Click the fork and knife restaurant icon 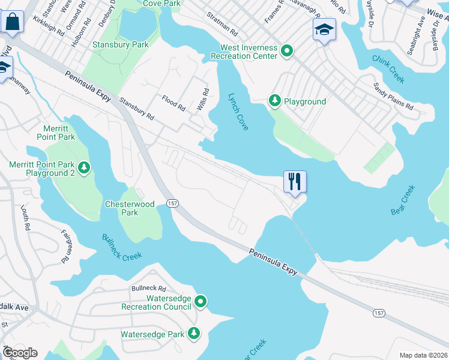(x=295, y=181)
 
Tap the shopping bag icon (x=11, y=22)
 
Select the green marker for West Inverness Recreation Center (x=286, y=52)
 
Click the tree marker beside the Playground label (x=275, y=101)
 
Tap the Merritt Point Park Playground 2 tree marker (x=84, y=169)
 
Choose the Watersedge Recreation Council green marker (x=200, y=301)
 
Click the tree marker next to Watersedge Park (x=193, y=333)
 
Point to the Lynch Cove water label (x=238, y=112)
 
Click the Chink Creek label (x=388, y=69)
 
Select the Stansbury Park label (x=120, y=44)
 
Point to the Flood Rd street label (x=173, y=102)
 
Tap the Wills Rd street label (x=203, y=100)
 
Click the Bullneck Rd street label (x=148, y=289)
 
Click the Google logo (x=20, y=353)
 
